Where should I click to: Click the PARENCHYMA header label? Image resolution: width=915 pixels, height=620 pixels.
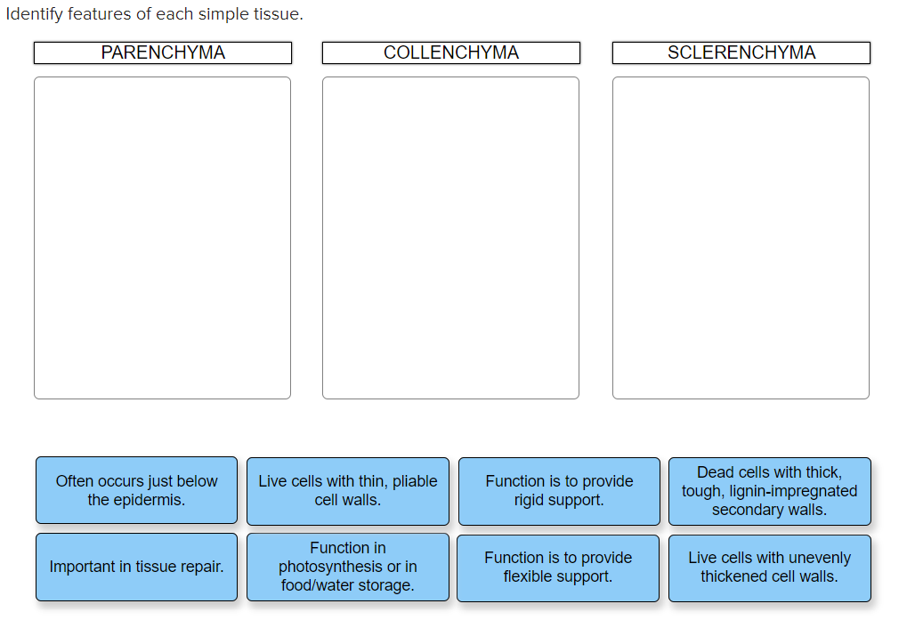click(163, 53)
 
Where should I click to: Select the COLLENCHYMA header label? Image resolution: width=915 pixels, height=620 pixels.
click(450, 53)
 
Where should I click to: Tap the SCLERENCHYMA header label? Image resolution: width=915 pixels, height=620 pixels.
click(741, 53)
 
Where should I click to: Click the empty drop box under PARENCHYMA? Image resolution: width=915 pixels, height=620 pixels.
click(163, 238)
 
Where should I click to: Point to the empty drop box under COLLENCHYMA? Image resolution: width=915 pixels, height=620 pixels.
click(450, 238)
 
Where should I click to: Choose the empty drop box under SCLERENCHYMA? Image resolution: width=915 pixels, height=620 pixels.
click(741, 238)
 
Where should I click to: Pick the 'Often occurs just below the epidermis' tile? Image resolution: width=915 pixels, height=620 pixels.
click(136, 490)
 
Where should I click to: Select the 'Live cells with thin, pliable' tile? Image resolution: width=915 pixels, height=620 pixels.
click(348, 490)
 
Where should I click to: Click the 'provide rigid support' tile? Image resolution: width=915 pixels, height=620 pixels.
click(559, 490)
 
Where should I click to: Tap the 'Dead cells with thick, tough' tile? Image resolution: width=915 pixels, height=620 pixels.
click(769, 490)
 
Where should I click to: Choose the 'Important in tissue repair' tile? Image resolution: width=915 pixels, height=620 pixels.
click(136, 567)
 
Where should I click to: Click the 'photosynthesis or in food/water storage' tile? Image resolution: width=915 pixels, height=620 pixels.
click(348, 567)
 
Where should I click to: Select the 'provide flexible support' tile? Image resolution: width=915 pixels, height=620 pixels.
click(558, 567)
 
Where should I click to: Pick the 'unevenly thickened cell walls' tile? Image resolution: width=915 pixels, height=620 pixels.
click(769, 567)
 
